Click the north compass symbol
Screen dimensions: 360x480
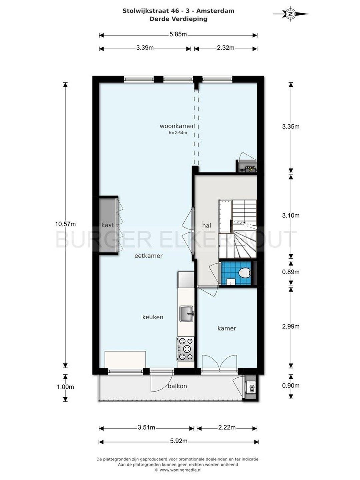tap(290, 14)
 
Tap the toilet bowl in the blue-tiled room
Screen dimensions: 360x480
tap(244, 273)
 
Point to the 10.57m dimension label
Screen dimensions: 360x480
tap(65, 224)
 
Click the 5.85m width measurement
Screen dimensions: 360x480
tap(178, 34)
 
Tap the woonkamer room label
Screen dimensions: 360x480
tap(177, 126)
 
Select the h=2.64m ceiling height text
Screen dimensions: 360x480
tap(178, 133)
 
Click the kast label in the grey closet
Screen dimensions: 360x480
tap(108, 225)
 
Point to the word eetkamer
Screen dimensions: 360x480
tap(148, 256)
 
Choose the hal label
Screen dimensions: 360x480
tap(207, 225)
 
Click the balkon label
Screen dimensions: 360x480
tap(177, 386)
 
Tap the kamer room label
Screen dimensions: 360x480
tap(227, 328)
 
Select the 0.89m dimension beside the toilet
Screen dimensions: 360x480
tap(291, 272)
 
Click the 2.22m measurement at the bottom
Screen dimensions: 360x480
tap(227, 427)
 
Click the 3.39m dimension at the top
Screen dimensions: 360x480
tap(145, 47)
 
